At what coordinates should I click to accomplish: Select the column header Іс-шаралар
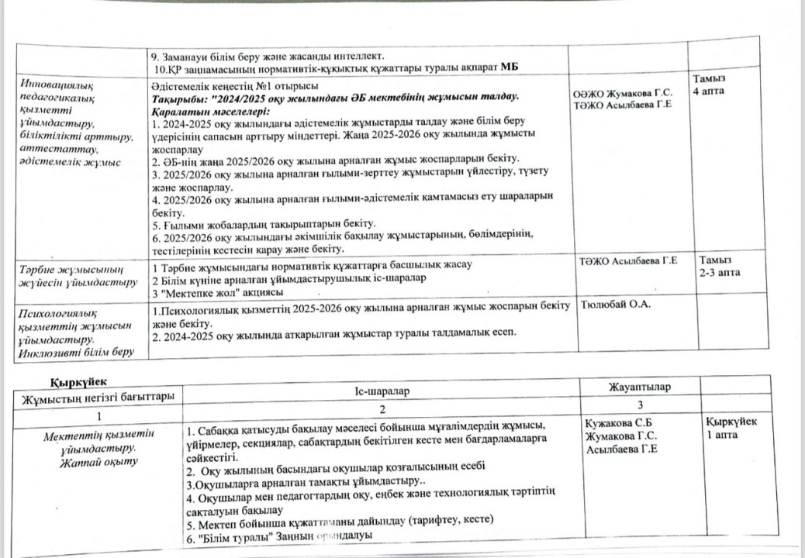[x=376, y=392]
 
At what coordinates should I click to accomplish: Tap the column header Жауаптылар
[x=640, y=387]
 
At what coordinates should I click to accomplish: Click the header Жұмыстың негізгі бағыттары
[x=98, y=398]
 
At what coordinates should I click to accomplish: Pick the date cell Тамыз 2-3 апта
[x=719, y=267]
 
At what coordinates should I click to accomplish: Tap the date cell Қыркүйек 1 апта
[x=731, y=427]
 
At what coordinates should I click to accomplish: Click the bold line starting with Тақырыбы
[x=335, y=96]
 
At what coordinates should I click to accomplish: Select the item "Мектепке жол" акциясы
[x=217, y=291]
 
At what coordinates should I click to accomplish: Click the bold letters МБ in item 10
[x=508, y=67]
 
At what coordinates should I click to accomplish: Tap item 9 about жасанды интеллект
[x=268, y=56]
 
